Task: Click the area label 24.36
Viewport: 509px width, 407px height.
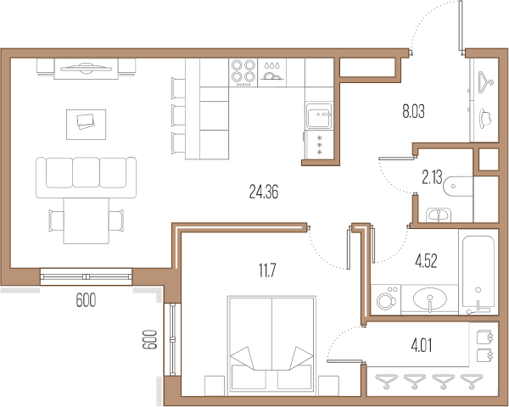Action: pos(264,192)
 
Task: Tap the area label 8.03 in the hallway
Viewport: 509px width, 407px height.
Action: pos(413,111)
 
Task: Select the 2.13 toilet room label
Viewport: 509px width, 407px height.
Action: pos(432,177)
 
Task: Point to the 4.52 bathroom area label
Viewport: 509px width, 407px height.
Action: pos(426,260)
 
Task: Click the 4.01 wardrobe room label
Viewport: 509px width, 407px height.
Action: pos(422,345)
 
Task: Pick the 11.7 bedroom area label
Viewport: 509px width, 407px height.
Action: pos(267,270)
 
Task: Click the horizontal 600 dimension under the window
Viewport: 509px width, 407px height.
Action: pos(86,300)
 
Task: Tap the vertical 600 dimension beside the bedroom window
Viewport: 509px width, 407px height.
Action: pos(149,339)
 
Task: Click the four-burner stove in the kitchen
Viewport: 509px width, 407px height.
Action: pos(243,72)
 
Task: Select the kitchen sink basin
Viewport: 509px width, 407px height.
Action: pos(319,115)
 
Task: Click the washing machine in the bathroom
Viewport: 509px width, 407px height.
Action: pos(386,299)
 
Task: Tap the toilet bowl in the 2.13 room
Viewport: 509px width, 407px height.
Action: pos(458,187)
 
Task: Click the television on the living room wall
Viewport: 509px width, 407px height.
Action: pos(86,68)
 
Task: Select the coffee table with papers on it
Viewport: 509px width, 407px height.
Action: pos(86,125)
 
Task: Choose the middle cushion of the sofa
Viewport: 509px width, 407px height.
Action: pos(86,172)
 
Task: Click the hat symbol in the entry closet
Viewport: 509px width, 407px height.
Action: pos(485,118)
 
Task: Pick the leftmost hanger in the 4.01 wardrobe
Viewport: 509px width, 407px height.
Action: pos(386,382)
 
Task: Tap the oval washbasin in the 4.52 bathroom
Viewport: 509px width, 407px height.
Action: pos(430,298)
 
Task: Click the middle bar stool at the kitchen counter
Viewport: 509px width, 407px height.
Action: pos(178,115)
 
